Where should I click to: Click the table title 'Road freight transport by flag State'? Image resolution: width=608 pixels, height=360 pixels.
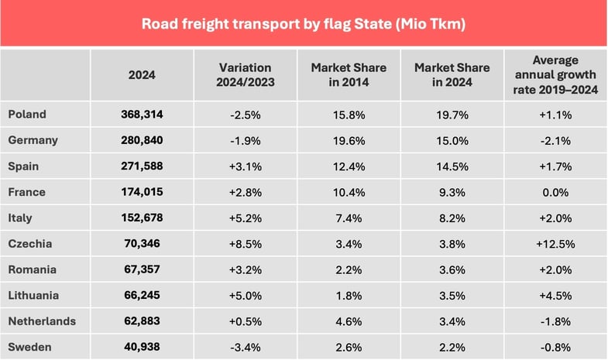(303, 23)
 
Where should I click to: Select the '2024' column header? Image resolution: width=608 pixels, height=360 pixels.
(142, 75)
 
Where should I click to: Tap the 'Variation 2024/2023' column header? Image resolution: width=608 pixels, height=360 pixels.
(246, 75)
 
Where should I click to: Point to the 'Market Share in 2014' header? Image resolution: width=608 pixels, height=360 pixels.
(349, 75)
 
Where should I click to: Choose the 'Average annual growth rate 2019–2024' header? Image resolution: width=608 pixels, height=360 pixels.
(555, 75)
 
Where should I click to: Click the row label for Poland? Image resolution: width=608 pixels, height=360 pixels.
(27, 115)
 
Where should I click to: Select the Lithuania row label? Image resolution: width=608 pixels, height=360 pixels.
(34, 295)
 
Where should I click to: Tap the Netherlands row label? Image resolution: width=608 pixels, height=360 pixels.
(40, 321)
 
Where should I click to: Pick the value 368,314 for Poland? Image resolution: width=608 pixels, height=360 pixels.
(142, 115)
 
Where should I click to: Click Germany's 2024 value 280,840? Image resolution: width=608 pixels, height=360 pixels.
(142, 140)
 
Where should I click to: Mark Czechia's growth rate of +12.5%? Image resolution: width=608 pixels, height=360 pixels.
(555, 244)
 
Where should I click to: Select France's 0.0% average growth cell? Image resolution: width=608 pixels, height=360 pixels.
(555, 192)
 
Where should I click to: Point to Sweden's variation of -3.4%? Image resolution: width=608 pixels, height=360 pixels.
(246, 347)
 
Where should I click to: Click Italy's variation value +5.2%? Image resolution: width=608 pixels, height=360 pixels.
(246, 218)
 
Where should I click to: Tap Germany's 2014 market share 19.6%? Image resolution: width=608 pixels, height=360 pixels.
(349, 140)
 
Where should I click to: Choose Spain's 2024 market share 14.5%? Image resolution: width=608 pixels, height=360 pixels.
(452, 166)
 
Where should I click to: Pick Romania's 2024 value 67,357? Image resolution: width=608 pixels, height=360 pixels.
(142, 269)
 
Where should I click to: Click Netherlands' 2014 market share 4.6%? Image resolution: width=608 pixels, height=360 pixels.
(349, 321)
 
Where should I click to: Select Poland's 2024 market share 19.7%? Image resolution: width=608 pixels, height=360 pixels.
(452, 115)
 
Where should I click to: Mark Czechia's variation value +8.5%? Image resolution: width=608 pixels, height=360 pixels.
(246, 244)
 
